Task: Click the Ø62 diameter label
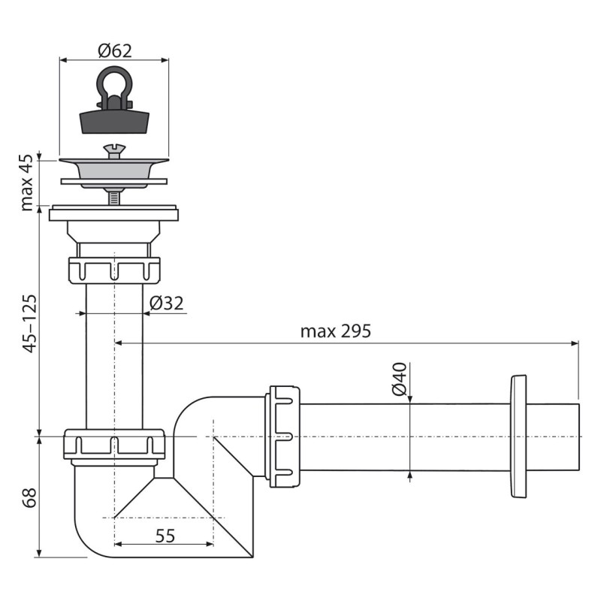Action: (114, 51)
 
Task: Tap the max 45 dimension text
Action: (28, 183)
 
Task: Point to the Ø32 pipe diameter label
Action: (166, 303)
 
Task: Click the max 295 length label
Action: (336, 331)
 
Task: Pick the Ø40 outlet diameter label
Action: (399, 379)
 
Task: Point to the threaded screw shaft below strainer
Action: (114, 198)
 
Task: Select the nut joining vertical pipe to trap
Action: (114, 444)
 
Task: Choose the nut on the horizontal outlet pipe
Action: (284, 436)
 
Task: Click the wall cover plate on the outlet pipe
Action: (518, 436)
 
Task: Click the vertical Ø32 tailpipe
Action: (114, 353)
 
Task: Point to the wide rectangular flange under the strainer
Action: (114, 214)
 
